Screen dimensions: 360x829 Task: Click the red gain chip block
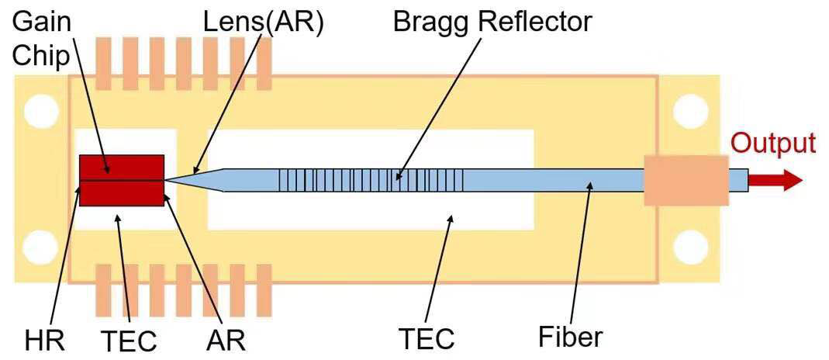tap(122, 180)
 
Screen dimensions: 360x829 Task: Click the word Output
tap(773, 144)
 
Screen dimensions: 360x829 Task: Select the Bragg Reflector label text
tap(492, 22)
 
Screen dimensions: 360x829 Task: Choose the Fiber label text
tap(570, 337)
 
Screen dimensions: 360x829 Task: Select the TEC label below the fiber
tap(426, 339)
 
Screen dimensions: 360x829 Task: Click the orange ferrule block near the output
tap(686, 180)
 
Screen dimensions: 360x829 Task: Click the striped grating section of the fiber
tap(371, 180)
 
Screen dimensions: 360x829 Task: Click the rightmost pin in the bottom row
tap(264, 295)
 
